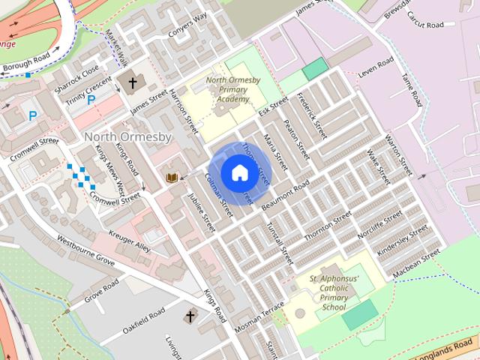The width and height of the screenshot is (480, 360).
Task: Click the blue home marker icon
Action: [x=239, y=172]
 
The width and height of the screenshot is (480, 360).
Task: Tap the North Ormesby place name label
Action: [x=127, y=137]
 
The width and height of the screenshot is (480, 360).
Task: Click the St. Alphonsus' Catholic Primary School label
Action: [x=334, y=292]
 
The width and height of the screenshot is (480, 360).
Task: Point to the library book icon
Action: [x=172, y=177]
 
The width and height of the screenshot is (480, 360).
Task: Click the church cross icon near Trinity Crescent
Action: [x=133, y=82]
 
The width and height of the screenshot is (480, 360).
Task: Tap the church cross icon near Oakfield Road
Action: [x=190, y=317]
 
